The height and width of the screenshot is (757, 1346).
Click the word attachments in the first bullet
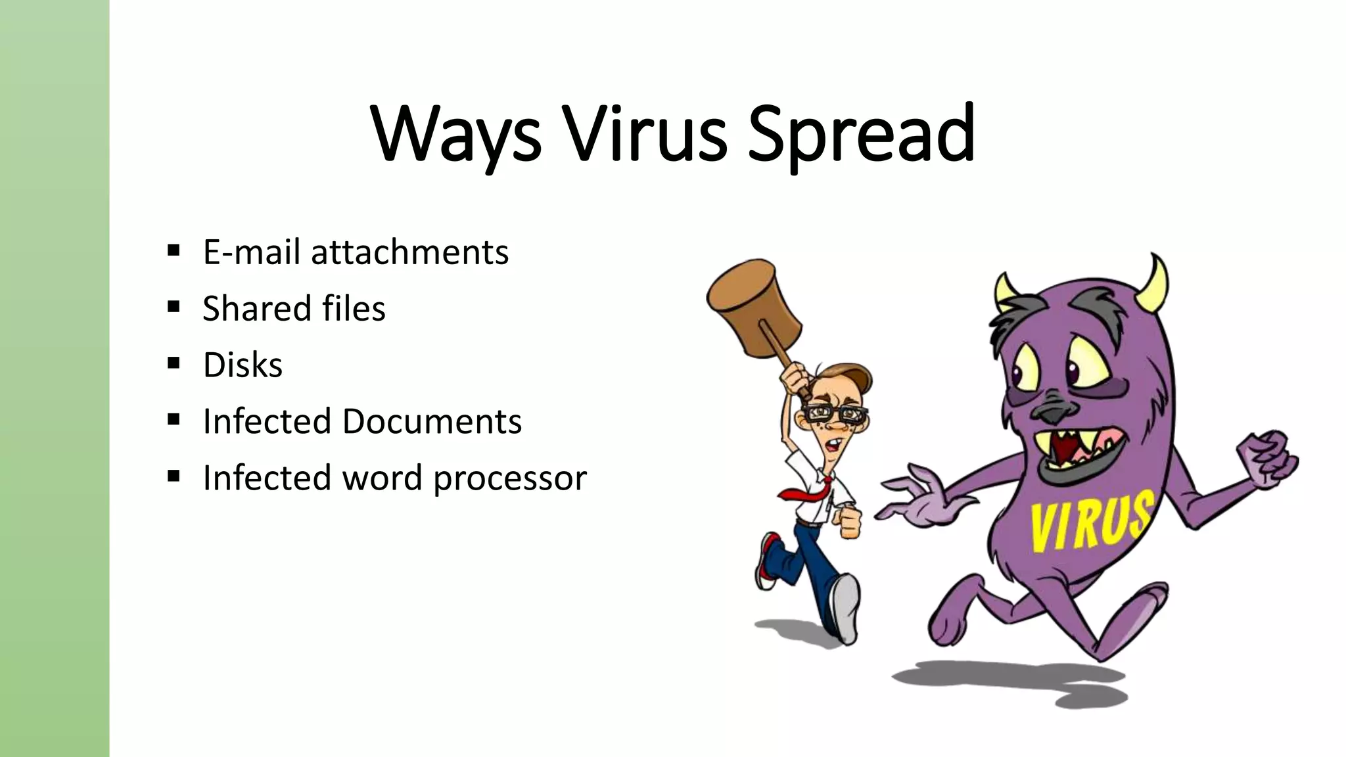click(x=409, y=252)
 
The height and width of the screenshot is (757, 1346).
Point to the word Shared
click(x=256, y=308)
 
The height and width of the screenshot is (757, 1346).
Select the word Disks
click(x=243, y=365)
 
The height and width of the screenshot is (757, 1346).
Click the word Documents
click(x=432, y=421)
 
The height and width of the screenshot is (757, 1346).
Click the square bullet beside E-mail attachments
click(x=174, y=250)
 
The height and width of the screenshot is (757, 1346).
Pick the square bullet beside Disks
click(x=174, y=363)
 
